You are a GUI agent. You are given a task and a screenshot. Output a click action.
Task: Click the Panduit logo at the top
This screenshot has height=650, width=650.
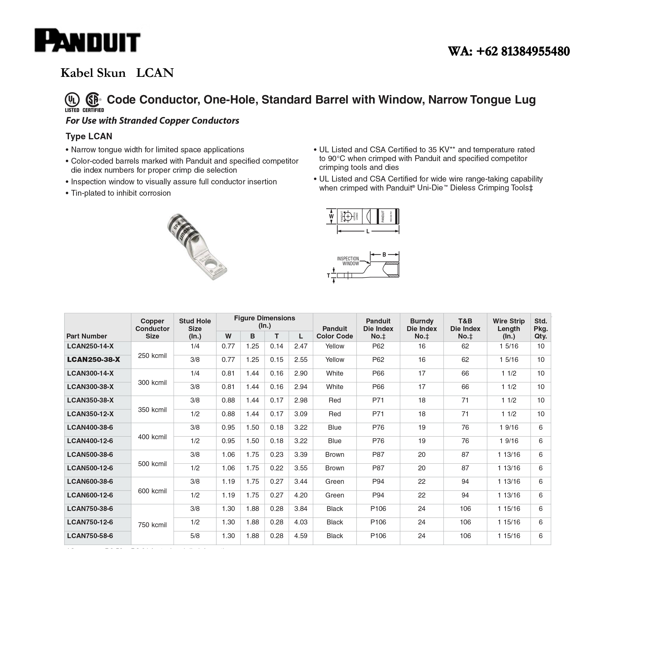(x=88, y=41)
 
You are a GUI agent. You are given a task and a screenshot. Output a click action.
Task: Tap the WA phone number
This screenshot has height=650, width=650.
(x=509, y=52)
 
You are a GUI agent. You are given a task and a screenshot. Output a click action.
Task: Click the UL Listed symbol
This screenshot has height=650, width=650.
(x=72, y=100)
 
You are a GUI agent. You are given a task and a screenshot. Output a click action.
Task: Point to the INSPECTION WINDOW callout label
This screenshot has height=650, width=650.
(x=348, y=261)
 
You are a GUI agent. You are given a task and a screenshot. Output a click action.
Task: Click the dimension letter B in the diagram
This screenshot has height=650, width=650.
(x=384, y=255)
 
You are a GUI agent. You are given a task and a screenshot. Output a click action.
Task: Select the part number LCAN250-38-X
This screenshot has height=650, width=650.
(x=94, y=360)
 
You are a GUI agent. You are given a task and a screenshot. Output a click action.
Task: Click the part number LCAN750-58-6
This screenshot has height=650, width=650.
(x=90, y=536)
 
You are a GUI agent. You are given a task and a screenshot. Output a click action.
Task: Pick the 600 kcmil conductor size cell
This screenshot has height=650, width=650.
(x=153, y=491)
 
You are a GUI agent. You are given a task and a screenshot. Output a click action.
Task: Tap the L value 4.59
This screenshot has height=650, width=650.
(x=301, y=536)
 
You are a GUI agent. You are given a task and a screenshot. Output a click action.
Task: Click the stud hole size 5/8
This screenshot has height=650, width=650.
(x=195, y=536)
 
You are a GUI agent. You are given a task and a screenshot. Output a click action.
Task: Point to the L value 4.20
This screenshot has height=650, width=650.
(x=301, y=495)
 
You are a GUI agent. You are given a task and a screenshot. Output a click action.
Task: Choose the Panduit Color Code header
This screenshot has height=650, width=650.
(x=335, y=332)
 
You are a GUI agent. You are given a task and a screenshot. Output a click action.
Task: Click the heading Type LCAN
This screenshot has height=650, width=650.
(x=89, y=136)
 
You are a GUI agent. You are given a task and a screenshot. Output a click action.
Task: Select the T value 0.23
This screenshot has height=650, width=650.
(x=276, y=455)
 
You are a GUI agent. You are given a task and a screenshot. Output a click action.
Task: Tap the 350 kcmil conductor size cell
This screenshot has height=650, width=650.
(x=153, y=410)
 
